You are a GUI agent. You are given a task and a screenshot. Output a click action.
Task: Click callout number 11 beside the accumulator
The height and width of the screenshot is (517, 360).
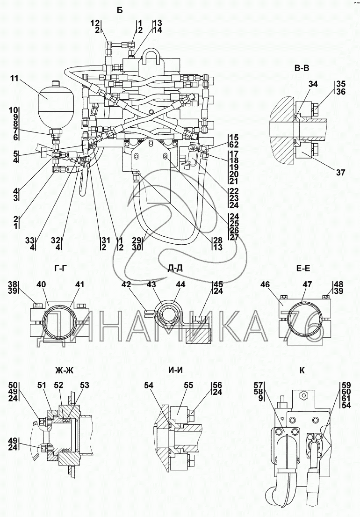[x=14, y=79]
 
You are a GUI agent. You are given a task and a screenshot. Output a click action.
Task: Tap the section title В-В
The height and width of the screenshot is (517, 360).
[x=302, y=69]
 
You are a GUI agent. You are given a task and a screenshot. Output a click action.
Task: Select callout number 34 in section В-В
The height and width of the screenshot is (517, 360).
[x=313, y=84]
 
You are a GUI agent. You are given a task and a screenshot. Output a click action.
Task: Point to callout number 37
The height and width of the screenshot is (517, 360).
[x=341, y=172]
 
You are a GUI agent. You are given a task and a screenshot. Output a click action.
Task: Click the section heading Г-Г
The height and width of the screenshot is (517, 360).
[x=62, y=269]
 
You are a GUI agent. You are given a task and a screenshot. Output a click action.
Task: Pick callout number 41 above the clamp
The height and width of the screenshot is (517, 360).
[x=79, y=284]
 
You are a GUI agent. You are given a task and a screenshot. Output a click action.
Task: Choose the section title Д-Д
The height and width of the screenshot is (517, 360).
[x=175, y=269]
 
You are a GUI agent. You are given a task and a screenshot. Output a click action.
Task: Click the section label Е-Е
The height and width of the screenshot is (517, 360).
[x=303, y=269]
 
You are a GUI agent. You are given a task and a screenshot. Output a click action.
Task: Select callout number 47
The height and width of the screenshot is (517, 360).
[x=308, y=284]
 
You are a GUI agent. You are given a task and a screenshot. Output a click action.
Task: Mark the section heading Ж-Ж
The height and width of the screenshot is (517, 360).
[x=64, y=371]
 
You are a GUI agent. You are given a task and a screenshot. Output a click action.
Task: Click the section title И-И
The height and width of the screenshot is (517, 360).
[x=175, y=371]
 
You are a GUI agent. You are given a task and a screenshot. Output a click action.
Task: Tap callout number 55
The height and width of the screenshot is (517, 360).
[x=188, y=385]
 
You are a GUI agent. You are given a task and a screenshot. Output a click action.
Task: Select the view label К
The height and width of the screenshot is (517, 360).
[x=302, y=371]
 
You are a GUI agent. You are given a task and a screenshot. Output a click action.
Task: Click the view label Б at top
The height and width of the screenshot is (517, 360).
[x=120, y=10]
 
